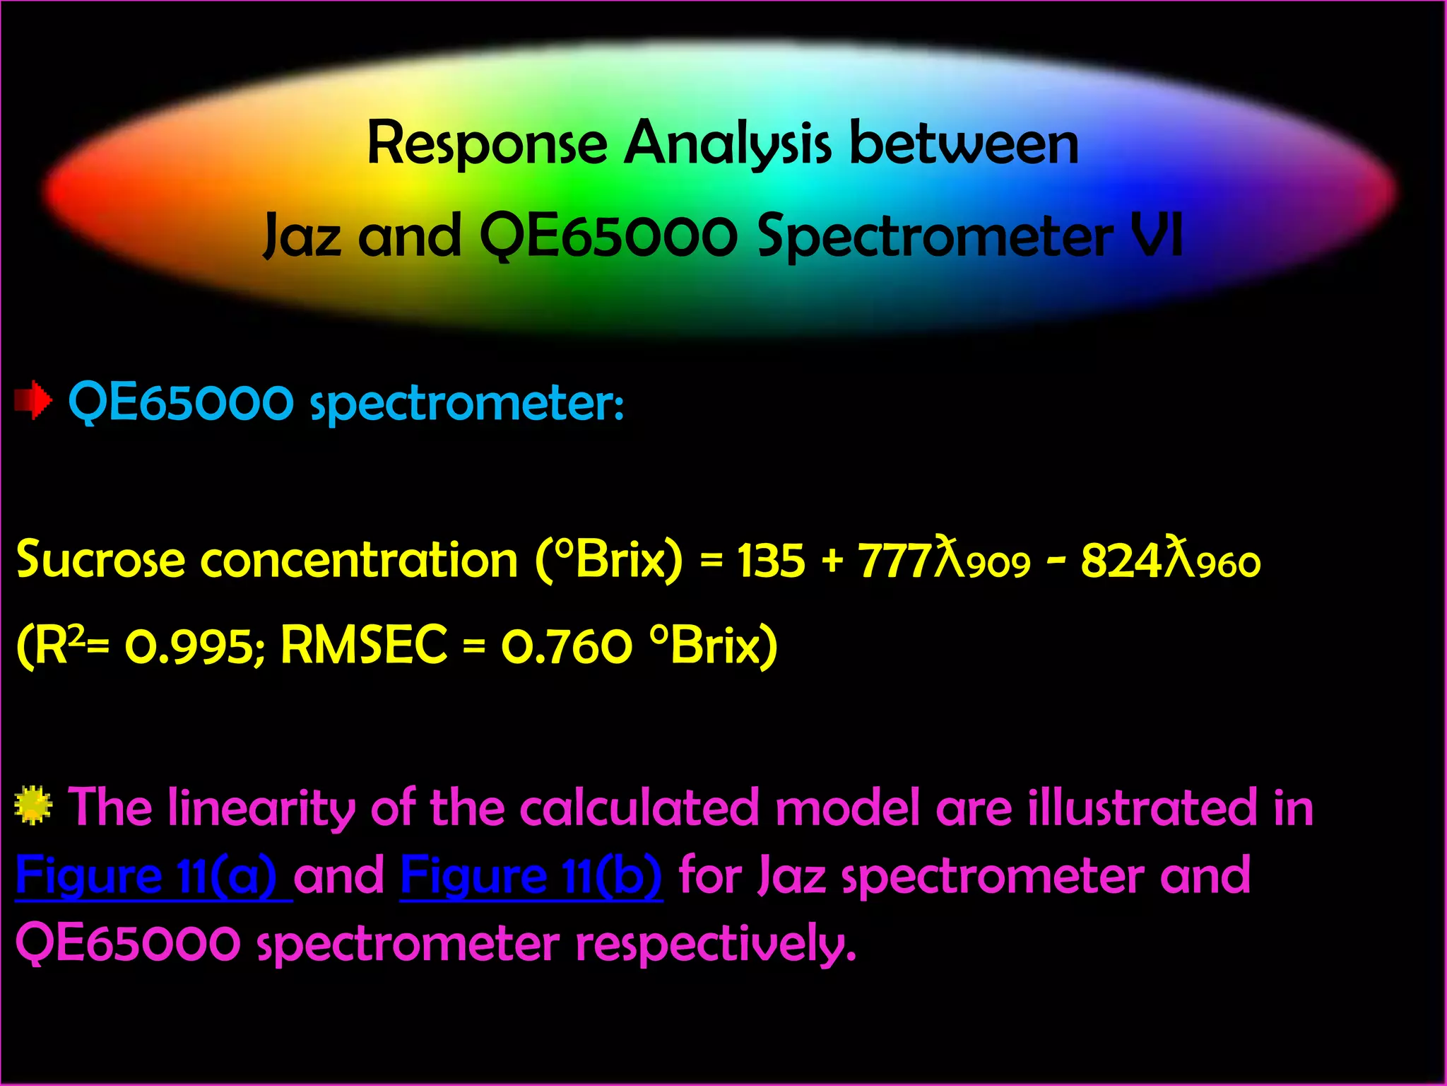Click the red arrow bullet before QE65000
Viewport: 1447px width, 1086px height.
[x=33, y=401]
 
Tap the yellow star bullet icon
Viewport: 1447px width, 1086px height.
[x=33, y=806]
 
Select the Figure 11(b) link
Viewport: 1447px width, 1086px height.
[x=531, y=877]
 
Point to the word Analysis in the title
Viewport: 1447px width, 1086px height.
[x=728, y=145]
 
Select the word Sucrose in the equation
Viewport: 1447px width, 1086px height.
[x=101, y=560]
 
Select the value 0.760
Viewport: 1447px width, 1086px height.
[x=567, y=646]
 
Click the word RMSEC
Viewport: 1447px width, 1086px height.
[x=365, y=645]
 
